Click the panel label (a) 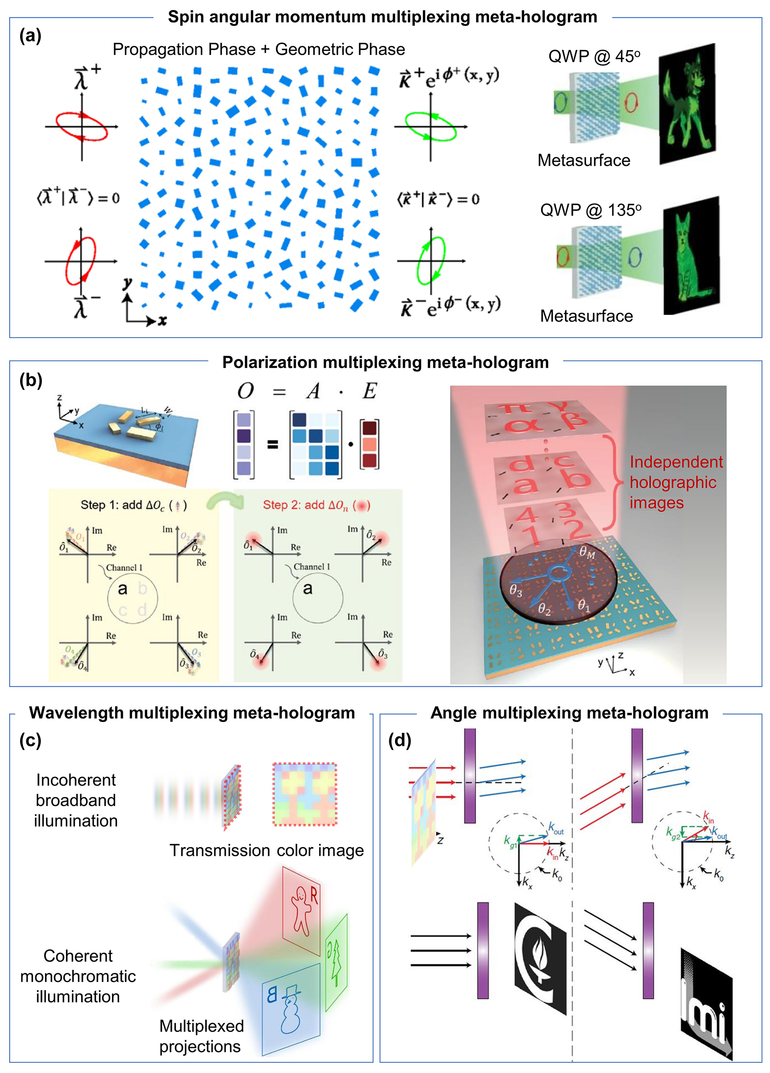click(x=30, y=36)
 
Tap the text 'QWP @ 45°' click(x=594, y=56)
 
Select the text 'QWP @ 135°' click(x=591, y=210)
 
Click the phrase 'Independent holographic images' click(x=675, y=482)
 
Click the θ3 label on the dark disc click(x=516, y=591)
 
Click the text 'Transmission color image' click(x=266, y=850)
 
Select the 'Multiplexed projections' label click(x=201, y=1036)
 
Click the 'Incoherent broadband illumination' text click(x=76, y=800)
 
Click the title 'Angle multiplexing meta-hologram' click(x=569, y=713)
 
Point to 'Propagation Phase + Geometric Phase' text click(x=258, y=49)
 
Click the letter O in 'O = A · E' click(x=246, y=391)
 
